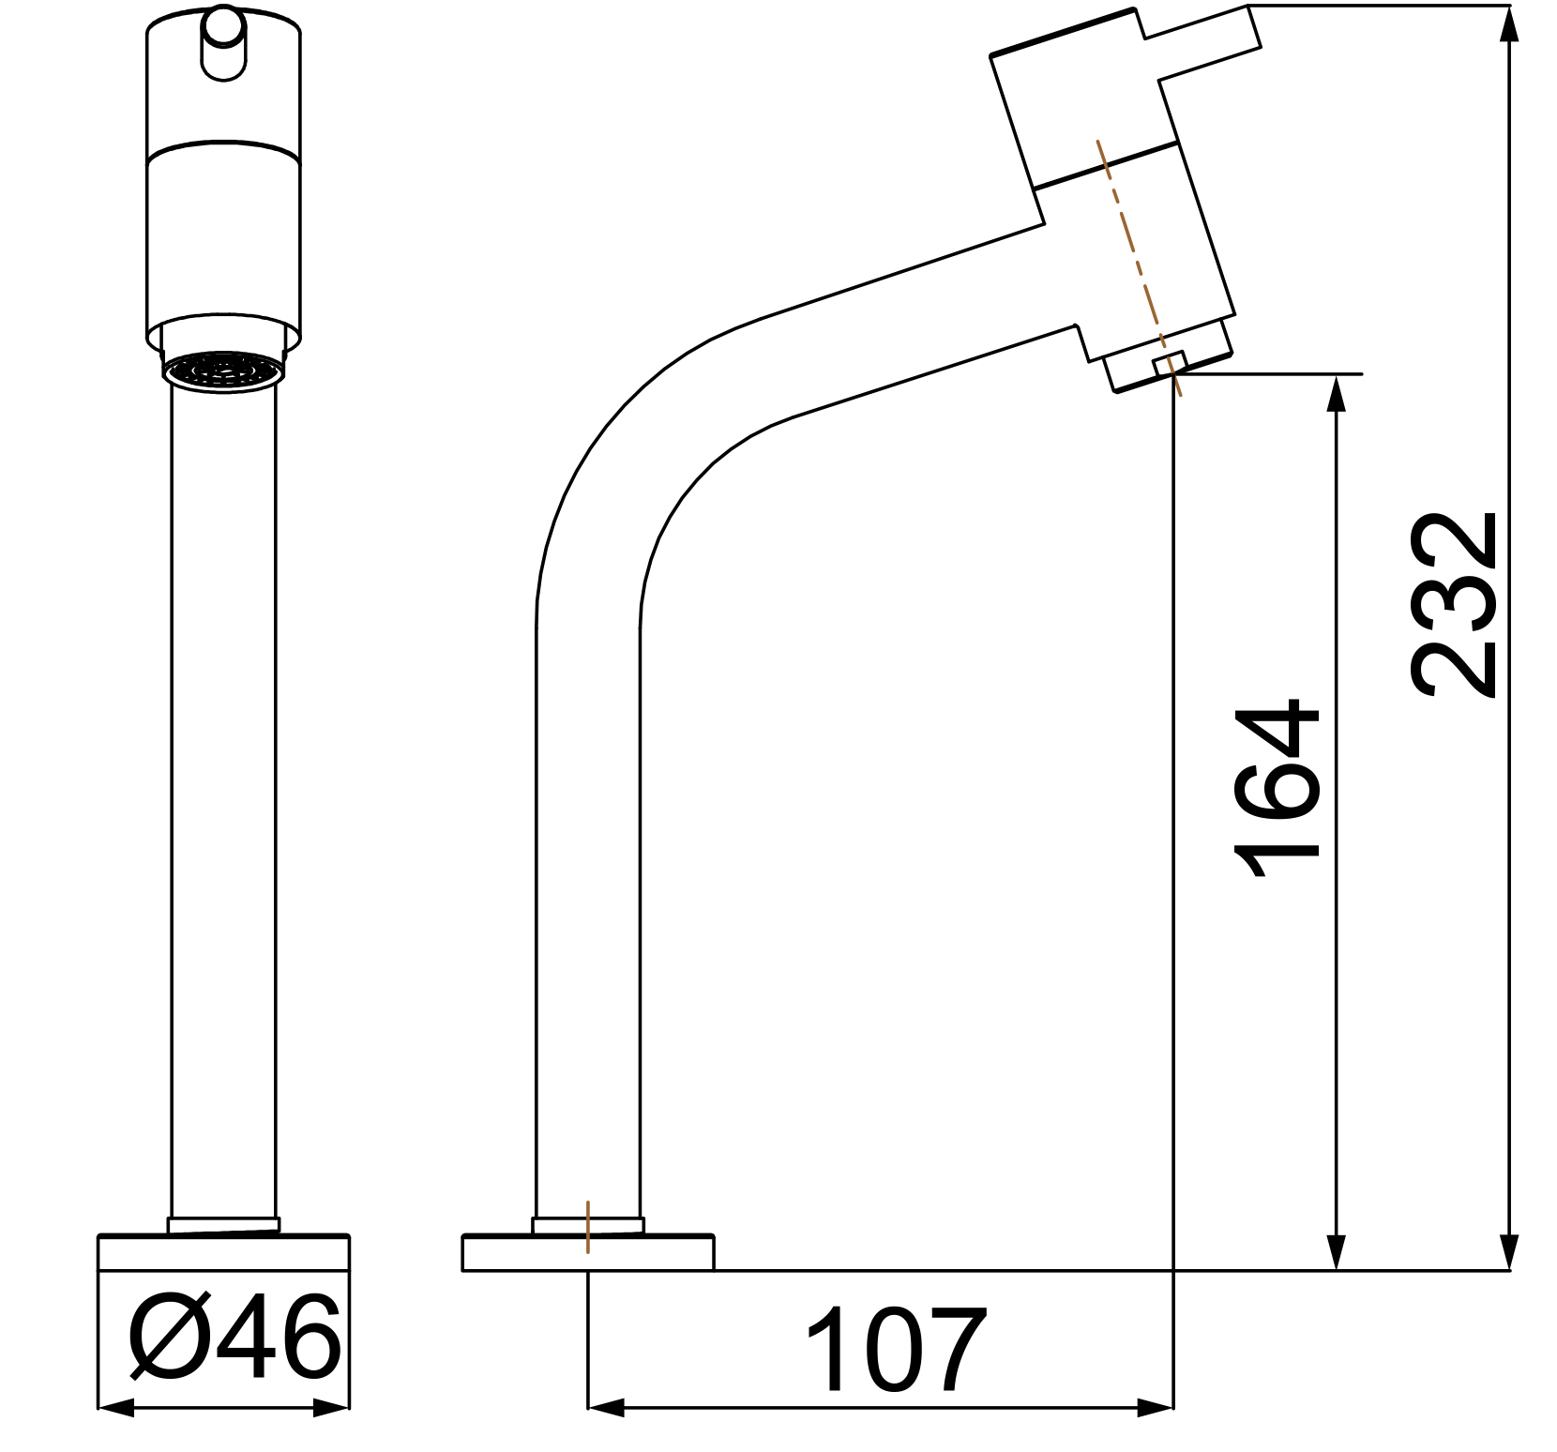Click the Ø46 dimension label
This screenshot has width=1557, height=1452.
coord(234,1338)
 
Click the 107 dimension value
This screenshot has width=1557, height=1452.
coord(895,1351)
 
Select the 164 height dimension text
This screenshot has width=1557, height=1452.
coord(1277,788)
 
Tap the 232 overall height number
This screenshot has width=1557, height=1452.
coord(1454,605)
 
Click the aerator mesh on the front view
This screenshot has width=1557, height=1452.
coord(223,370)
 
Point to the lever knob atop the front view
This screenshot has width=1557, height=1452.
coord(223,42)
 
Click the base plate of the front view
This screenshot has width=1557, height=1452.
coord(223,1253)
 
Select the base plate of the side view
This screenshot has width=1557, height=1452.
coord(588,1254)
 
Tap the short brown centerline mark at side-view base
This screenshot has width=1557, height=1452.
coord(588,1226)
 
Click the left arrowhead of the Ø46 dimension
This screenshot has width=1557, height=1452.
coord(115,1408)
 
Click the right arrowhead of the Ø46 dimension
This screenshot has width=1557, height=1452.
coord(331,1408)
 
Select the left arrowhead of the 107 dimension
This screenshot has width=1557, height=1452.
coord(606,1408)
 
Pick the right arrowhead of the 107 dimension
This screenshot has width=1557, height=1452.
coord(1156,1408)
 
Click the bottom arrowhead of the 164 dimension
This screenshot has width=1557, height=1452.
coord(1337,1252)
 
